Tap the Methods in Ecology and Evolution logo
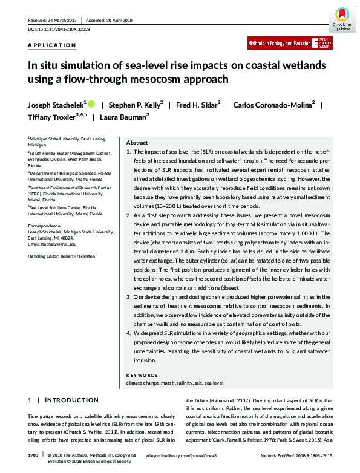tap(288, 44)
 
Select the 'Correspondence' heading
tap(45, 226)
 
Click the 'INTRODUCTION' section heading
tap(76, 400)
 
